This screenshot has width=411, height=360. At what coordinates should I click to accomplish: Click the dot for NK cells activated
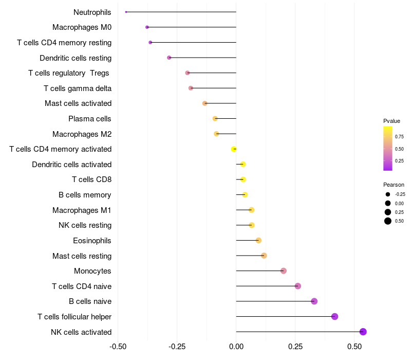click(363, 332)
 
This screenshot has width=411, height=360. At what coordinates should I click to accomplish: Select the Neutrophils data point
click(126, 12)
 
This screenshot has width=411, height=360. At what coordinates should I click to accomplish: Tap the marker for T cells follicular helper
click(334, 316)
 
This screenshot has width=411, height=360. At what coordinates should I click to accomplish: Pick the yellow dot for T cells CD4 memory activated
click(234, 149)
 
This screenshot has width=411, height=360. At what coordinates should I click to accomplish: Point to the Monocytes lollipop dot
click(283, 271)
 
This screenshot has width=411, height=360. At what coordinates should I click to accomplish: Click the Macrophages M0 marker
click(147, 27)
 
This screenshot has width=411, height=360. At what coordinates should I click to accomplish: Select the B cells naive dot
click(314, 301)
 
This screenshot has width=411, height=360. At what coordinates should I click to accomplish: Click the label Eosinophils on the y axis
click(92, 241)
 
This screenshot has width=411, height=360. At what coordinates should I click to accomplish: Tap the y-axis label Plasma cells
click(89, 119)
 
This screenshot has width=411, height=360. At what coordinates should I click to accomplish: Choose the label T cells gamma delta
click(78, 88)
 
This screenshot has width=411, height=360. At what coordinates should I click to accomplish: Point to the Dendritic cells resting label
click(76, 58)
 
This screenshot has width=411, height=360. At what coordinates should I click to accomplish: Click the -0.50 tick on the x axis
click(118, 347)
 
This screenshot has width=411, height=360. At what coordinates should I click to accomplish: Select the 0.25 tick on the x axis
click(295, 347)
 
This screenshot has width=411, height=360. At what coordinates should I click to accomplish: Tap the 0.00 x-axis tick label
click(236, 347)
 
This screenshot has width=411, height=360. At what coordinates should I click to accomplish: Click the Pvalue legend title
click(391, 121)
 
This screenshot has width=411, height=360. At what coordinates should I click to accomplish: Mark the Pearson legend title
click(394, 185)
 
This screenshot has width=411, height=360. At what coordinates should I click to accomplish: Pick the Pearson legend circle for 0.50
click(387, 221)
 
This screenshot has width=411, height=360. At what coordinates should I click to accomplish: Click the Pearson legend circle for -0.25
click(387, 194)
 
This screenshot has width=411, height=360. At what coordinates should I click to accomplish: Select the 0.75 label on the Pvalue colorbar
click(399, 137)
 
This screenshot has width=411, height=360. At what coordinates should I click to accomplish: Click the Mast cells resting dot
click(264, 256)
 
